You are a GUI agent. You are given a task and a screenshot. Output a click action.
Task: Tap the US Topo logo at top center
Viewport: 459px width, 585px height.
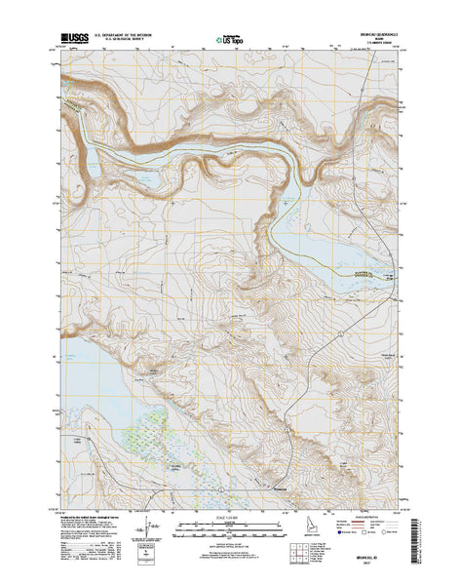227,42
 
